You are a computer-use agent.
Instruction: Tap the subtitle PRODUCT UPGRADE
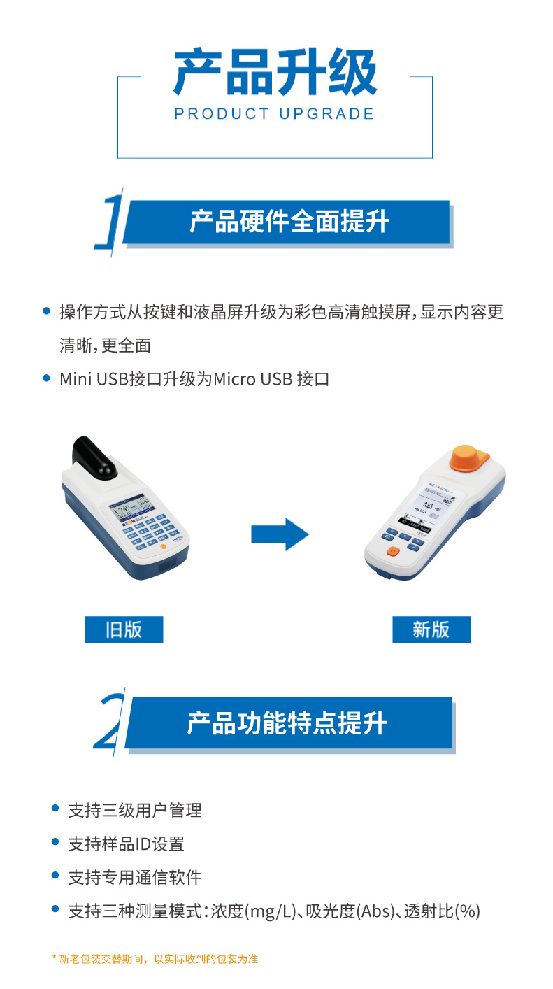coord(275,113)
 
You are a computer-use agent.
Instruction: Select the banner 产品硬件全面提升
coord(289,222)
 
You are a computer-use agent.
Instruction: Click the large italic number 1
coord(110,222)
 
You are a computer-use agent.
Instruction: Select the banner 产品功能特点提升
coord(287,723)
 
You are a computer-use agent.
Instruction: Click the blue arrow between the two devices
coord(280,535)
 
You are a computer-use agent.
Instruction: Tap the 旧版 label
coord(124,629)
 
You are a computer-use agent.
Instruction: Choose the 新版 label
coord(431,629)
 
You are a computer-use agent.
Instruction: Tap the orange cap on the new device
coord(469,459)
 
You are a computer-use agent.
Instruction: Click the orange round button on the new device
coord(393,551)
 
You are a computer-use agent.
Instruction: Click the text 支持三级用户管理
coord(135,811)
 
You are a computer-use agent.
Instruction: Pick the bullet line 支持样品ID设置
coord(126,844)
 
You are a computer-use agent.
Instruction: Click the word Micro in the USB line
coord(235,379)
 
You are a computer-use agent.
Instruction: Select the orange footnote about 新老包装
coord(155,959)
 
